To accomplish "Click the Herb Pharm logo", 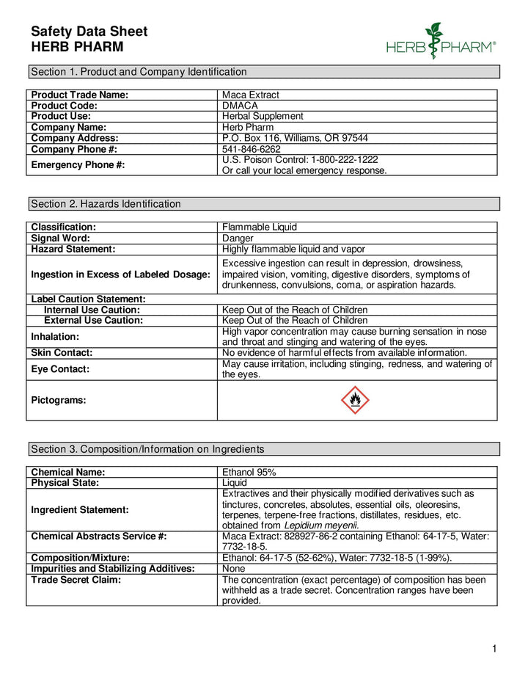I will pyautogui.click(x=441, y=42).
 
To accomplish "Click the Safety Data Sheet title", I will pyautogui.click(x=89, y=32).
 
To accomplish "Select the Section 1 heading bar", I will pyautogui.click(x=264, y=72).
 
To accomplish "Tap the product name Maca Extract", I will pyautogui.click(x=251, y=95).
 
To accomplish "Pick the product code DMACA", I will pyautogui.click(x=240, y=106).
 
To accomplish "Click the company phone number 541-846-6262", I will pyautogui.click(x=252, y=149).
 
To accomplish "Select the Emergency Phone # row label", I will pyautogui.click(x=78, y=165).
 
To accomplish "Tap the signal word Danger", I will pyautogui.click(x=238, y=239).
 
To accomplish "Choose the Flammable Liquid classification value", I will pyautogui.click(x=260, y=228).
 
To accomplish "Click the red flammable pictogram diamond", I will pyautogui.click(x=356, y=400).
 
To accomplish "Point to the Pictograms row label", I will pyautogui.click(x=59, y=400).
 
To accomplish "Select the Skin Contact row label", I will pyautogui.click(x=62, y=353).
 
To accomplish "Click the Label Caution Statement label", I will pyautogui.click(x=88, y=299).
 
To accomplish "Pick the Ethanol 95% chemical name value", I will pyautogui.click(x=249, y=472).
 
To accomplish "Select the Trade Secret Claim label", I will pyautogui.click(x=76, y=580).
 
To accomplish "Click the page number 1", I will pyautogui.click(x=495, y=649).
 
